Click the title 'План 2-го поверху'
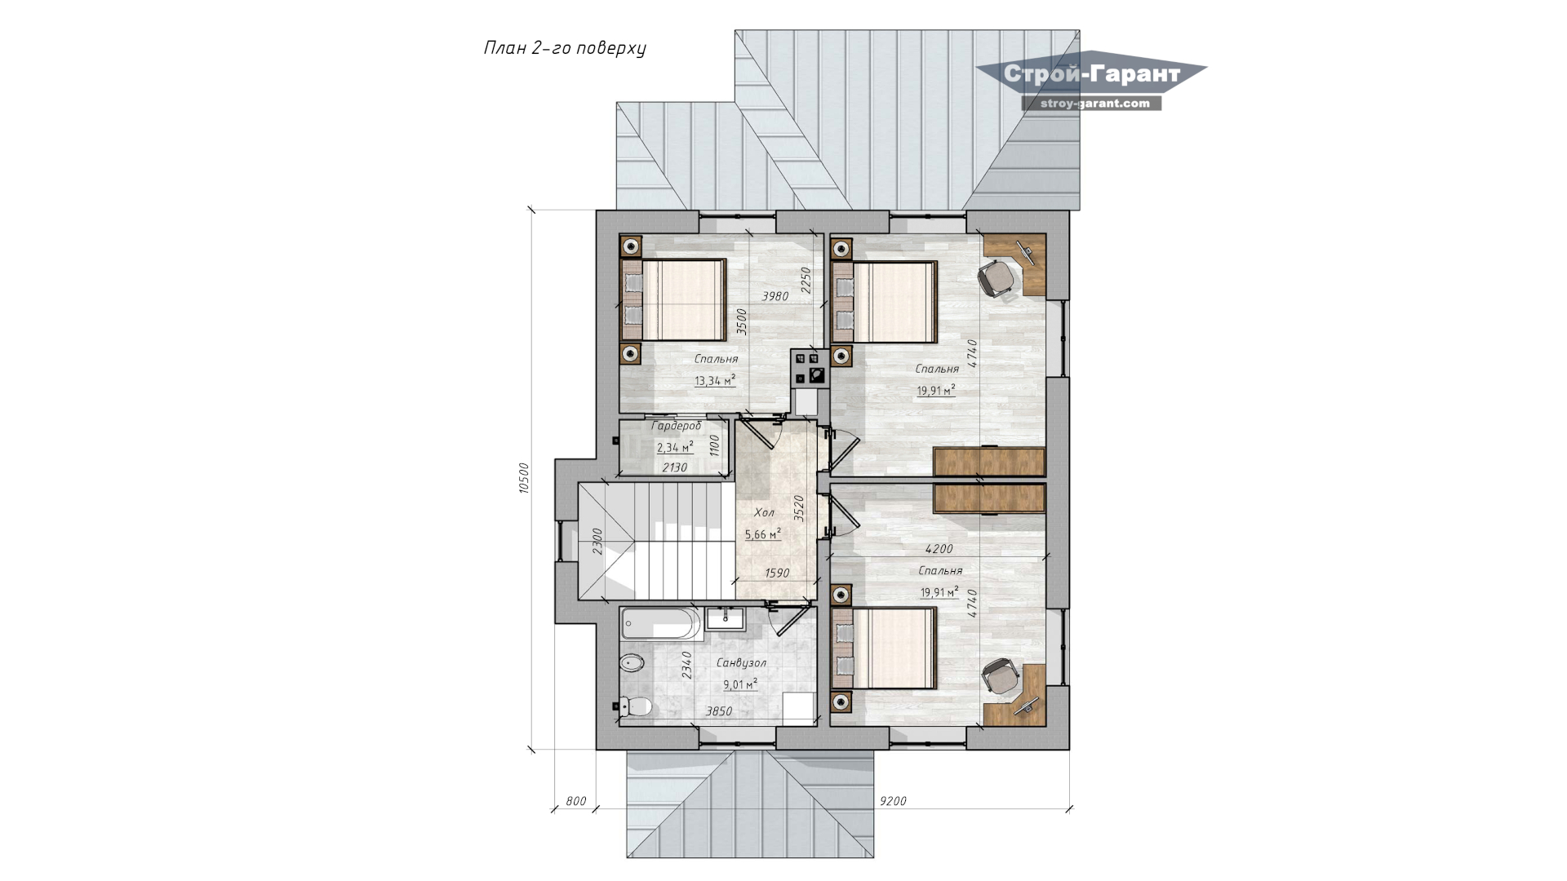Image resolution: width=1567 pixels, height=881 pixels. [565, 49]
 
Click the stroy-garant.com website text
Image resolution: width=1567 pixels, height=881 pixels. [1091, 104]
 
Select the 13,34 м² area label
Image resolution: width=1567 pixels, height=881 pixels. [714, 380]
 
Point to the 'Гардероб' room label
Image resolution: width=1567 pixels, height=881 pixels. [676, 426]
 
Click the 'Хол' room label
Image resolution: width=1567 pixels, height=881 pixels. [764, 513]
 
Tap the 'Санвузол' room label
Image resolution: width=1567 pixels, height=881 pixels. [741, 663]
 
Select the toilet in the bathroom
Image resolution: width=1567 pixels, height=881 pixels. [635, 706]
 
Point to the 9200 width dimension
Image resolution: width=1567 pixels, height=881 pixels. [893, 801]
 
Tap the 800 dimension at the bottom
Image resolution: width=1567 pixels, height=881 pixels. [575, 801]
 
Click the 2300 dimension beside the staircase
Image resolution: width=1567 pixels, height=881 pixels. [597, 542]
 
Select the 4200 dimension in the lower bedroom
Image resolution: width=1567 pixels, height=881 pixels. [939, 549]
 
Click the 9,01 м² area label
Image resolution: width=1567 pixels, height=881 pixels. [740, 684]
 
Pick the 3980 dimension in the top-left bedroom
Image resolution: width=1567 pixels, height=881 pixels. [775, 296]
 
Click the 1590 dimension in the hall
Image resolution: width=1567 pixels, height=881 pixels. [776, 573]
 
